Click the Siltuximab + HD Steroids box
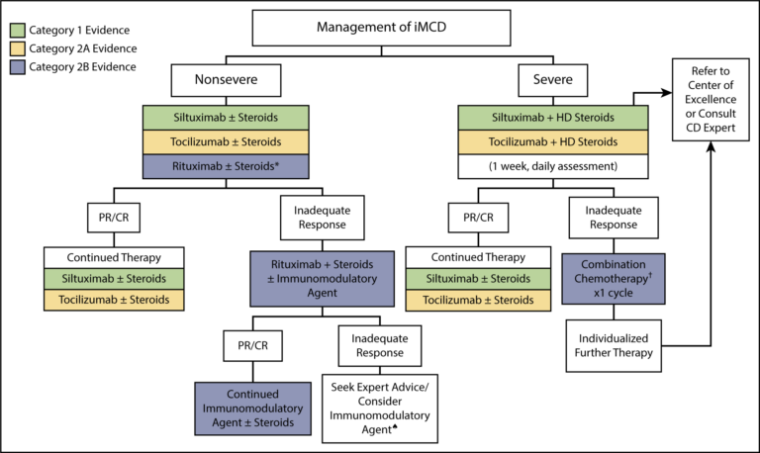click(551, 118)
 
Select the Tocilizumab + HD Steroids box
click(551, 141)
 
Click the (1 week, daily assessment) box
click(551, 165)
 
